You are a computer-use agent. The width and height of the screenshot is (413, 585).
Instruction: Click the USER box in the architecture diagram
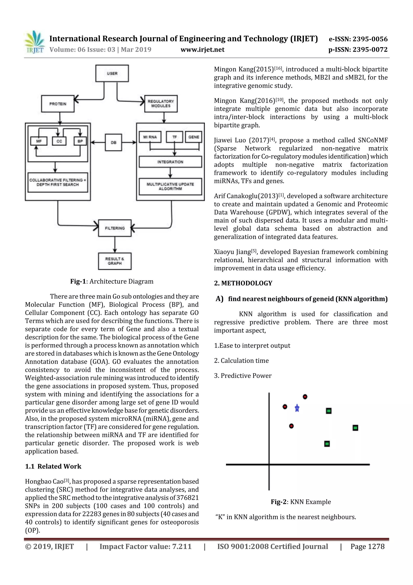tap(112, 73)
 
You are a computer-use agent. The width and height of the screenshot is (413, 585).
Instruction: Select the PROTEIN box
tap(58, 104)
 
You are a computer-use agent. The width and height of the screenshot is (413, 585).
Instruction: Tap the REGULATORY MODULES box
tap(161, 103)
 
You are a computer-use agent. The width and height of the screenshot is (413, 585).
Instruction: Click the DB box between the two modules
tap(114, 142)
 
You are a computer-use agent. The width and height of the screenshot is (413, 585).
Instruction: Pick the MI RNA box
tap(150, 137)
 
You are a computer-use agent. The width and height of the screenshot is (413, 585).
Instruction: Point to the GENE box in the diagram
tap(194, 137)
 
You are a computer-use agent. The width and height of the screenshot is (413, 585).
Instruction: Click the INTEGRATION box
tap(170, 162)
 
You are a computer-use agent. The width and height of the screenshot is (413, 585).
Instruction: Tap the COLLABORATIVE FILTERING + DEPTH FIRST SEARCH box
tap(57, 182)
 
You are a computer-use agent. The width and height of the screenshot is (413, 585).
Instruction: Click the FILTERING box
tap(115, 228)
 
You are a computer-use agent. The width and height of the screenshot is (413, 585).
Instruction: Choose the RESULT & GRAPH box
tap(115, 261)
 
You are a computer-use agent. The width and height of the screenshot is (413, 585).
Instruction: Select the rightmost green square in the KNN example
tap(355, 428)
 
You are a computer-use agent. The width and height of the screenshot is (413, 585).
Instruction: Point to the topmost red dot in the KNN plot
tap(305, 397)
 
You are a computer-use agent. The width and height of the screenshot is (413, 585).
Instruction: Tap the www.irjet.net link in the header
tap(202, 49)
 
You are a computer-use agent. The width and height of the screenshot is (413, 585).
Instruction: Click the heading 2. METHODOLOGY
tap(243, 283)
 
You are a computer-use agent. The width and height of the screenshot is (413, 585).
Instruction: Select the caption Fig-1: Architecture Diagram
tap(112, 281)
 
